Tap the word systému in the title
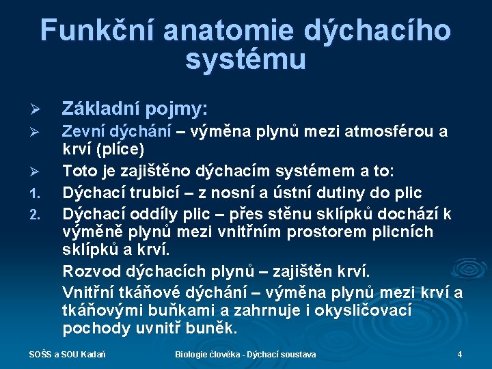(x=245, y=60)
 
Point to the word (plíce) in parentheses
(x=118, y=149)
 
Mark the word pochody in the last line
(x=90, y=328)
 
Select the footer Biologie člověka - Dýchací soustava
(x=245, y=355)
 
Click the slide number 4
(x=460, y=355)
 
